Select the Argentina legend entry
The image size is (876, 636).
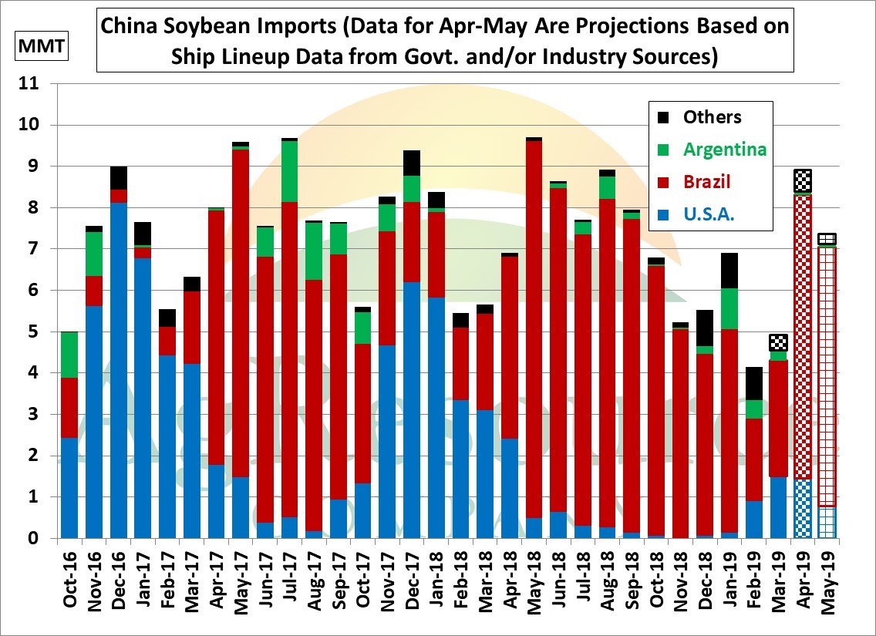pyautogui.click(x=724, y=150)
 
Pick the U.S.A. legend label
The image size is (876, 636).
pyautogui.click(x=709, y=216)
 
